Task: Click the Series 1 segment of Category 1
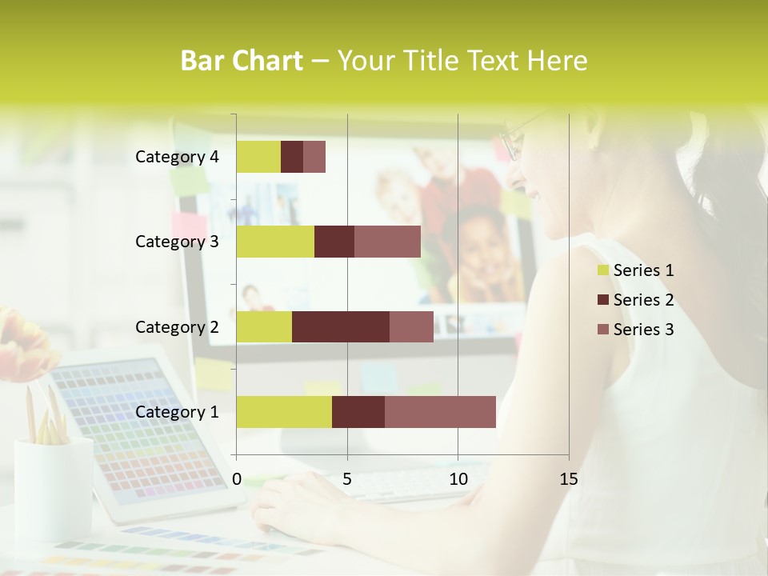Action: [x=284, y=411]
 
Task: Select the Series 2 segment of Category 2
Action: [x=341, y=326]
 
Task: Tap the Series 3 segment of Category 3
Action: [x=387, y=242]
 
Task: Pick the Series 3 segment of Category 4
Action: [x=314, y=157]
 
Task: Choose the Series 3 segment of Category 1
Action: [x=440, y=411]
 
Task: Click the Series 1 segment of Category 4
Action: [x=258, y=157]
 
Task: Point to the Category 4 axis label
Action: [x=177, y=157]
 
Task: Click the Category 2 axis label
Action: [x=177, y=326]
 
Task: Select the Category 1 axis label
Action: [x=177, y=411]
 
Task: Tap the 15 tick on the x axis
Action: [x=568, y=479]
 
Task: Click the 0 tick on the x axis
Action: [x=237, y=479]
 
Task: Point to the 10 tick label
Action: [x=458, y=479]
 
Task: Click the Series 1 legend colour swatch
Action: [x=603, y=270]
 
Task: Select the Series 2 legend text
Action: [x=643, y=300]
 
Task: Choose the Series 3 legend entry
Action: [x=636, y=330]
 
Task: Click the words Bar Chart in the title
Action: [x=242, y=61]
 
